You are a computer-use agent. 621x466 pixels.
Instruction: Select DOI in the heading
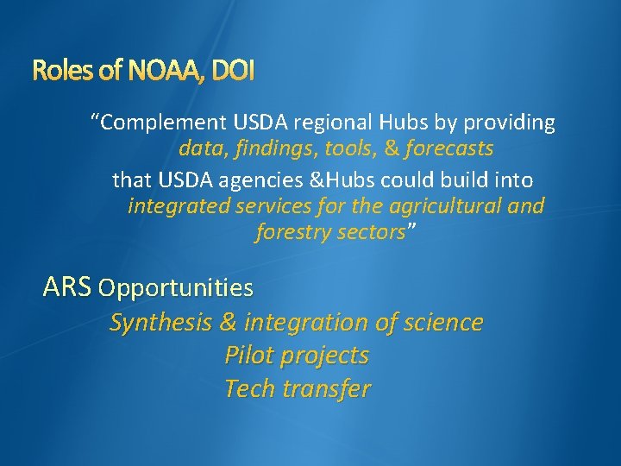tap(230, 72)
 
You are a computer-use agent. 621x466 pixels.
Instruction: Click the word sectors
tap(372, 232)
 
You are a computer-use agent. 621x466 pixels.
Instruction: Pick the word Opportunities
tap(176, 287)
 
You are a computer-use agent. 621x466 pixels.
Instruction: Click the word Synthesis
tap(160, 323)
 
